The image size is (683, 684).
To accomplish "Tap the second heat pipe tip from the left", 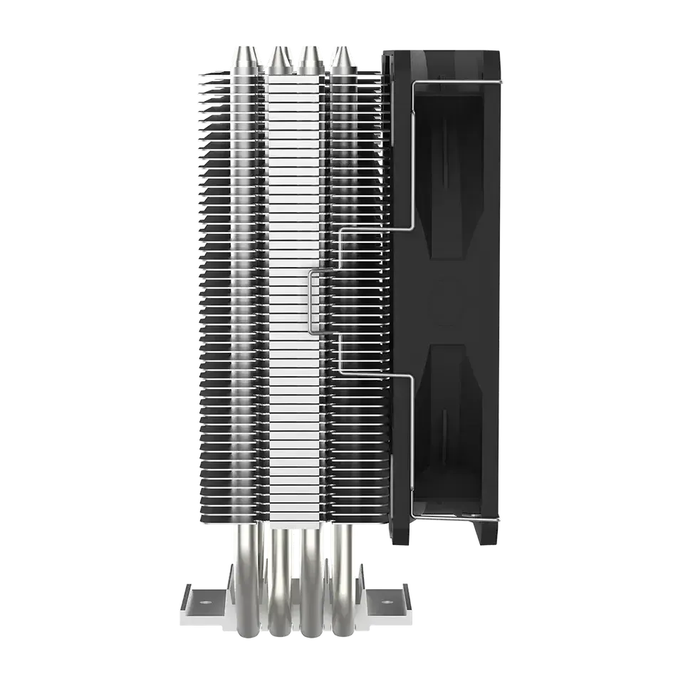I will (277, 51).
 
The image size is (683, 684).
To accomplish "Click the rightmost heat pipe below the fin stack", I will (343, 570).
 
